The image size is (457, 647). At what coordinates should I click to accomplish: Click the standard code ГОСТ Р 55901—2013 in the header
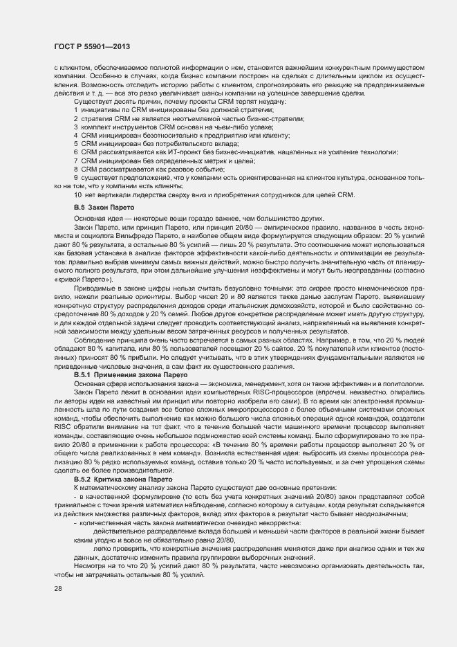point(93,46)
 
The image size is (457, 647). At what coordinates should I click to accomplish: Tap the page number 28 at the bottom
point(57,590)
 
